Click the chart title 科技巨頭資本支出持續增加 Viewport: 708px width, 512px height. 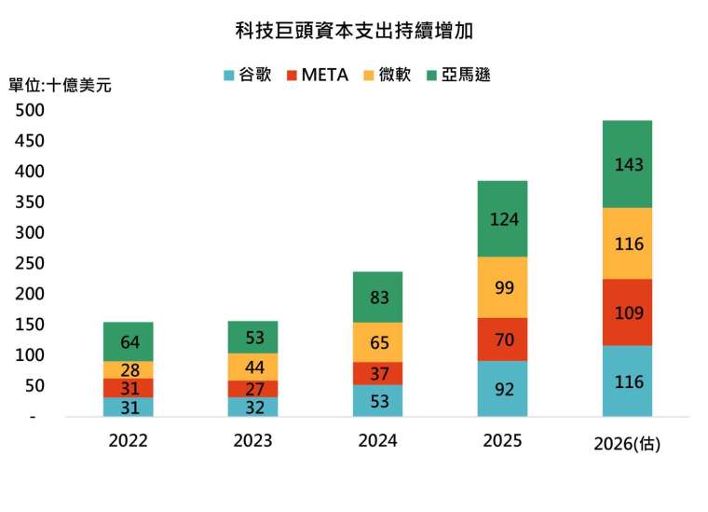(353, 31)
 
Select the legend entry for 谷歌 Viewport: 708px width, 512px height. (248, 75)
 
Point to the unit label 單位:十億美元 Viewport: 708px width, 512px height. (60, 85)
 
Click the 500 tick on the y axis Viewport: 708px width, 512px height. (30, 110)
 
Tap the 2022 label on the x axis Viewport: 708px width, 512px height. (128, 441)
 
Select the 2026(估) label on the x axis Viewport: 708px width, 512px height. (627, 444)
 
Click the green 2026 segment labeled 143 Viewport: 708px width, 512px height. (627, 164)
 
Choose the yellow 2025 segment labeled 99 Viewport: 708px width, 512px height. (502, 287)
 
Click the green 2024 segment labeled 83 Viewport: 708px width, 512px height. (377, 298)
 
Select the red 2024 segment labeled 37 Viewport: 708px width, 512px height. (377, 373)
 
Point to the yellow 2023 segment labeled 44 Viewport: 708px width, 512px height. (252, 367)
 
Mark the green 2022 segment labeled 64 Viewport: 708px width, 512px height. (128, 341)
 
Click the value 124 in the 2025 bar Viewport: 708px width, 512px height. (502, 219)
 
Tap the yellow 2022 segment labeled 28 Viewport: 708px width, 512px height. (128, 369)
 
